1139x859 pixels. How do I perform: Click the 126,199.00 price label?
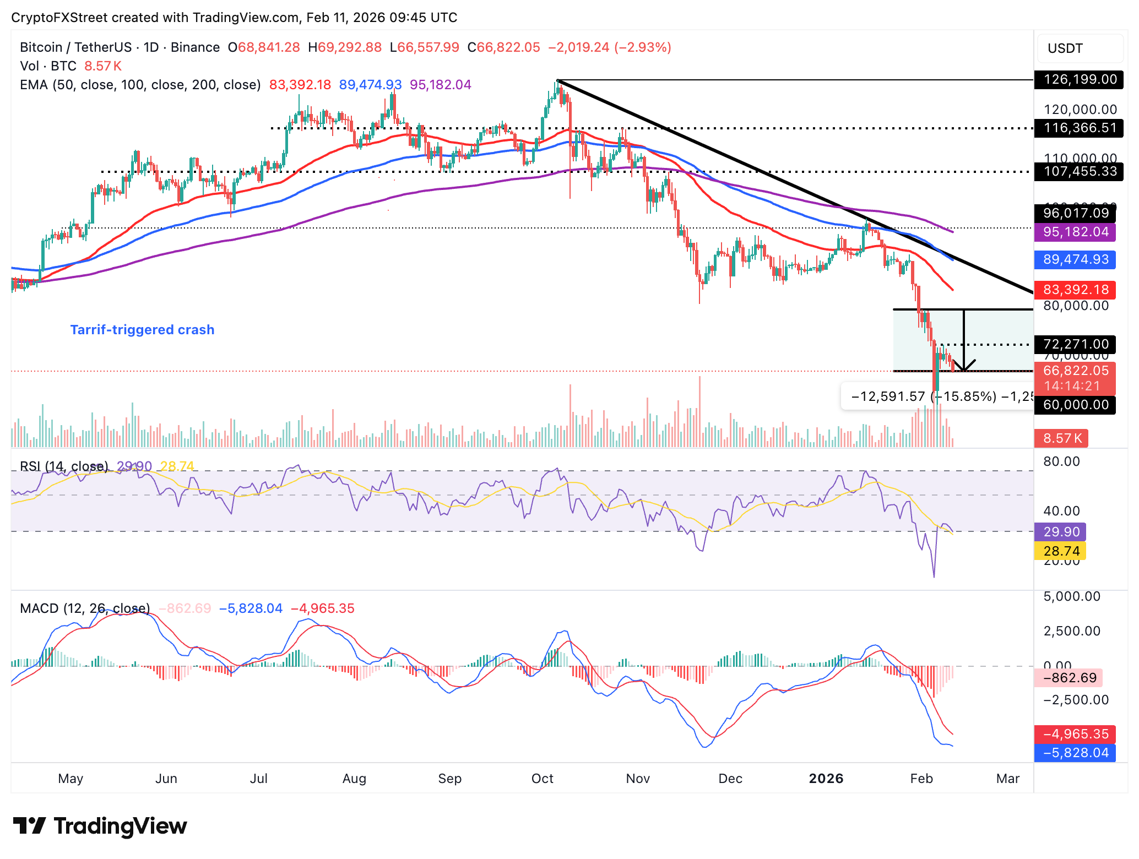tap(1075, 80)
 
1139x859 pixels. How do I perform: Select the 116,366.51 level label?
tap(1075, 128)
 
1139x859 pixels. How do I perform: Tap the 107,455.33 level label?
tap(1075, 172)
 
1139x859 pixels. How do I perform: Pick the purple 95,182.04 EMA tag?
tap(1075, 232)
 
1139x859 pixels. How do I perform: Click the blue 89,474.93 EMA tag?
tap(1075, 259)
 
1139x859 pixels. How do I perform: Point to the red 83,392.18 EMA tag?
tap(1075, 290)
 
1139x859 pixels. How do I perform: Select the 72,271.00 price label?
tap(1075, 344)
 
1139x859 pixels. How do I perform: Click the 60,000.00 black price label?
tap(1075, 405)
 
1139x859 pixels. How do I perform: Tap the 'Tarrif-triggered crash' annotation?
tap(142, 330)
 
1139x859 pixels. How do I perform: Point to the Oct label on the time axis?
tap(542, 779)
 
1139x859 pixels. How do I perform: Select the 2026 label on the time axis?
tap(826, 779)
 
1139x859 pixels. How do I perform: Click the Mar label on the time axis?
tap(1008, 779)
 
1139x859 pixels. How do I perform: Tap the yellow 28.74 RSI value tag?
tap(1060, 551)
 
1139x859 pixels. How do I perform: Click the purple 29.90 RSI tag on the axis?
tap(1060, 532)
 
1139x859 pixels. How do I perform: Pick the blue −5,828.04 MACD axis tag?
tap(1075, 753)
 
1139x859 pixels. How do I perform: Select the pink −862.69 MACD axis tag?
tap(1068, 678)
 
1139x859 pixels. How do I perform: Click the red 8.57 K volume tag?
tap(1061, 438)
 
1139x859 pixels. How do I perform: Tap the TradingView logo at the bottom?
tap(100, 826)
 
